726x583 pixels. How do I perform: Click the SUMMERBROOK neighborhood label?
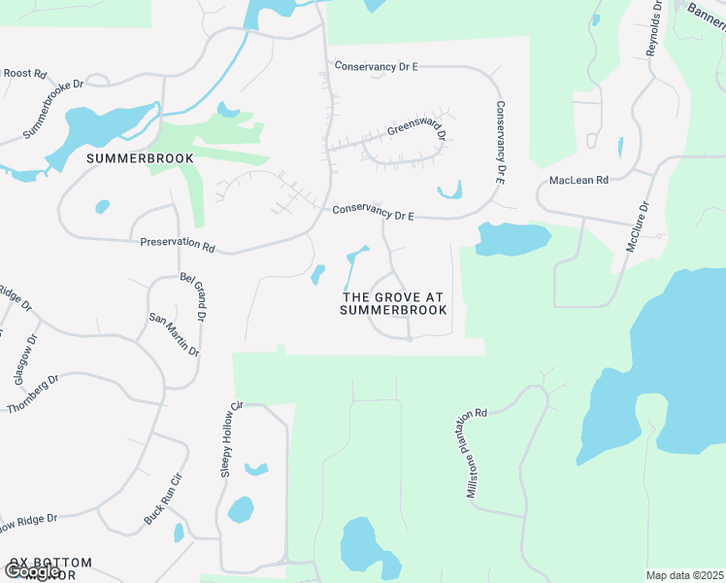coord(140,157)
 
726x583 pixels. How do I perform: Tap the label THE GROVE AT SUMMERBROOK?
coord(394,303)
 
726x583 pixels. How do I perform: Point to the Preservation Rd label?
coord(176,243)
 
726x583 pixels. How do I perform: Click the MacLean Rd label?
coord(578,181)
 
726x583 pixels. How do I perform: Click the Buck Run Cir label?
coord(162,499)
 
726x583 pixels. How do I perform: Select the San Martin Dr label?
coord(174,334)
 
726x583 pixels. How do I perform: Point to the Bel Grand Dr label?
coord(193,297)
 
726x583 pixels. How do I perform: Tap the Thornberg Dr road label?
coord(33,394)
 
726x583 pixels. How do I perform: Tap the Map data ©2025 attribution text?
coord(685,575)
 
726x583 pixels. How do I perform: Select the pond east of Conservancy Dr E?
coord(512,239)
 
